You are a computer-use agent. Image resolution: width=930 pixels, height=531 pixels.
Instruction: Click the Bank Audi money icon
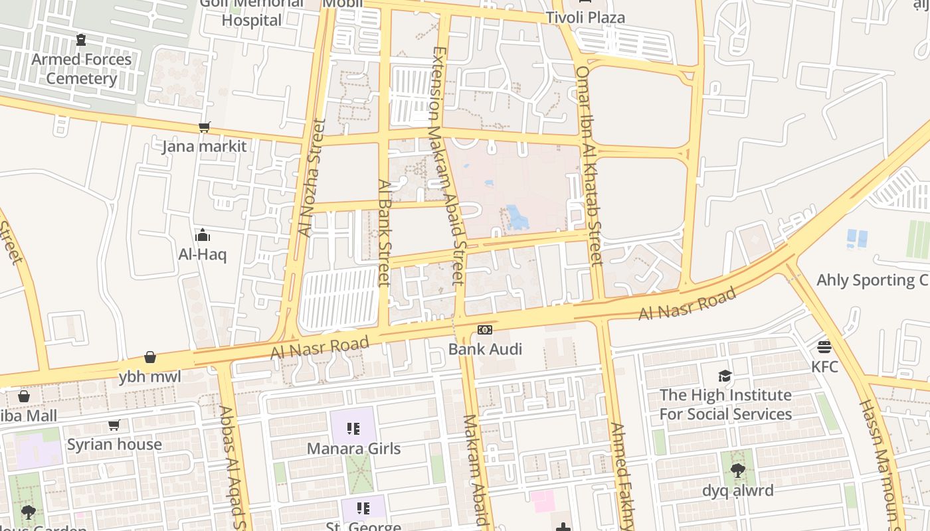tap(485, 330)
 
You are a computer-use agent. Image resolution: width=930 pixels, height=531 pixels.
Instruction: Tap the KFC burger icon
tap(824, 346)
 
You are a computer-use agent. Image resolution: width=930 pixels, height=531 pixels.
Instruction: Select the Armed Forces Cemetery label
tap(82, 69)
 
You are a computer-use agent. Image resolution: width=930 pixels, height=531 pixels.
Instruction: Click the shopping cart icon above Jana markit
tap(205, 127)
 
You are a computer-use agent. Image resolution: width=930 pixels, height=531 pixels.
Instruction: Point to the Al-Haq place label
tap(203, 254)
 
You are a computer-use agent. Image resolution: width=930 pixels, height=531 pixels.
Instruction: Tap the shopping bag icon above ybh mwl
tap(150, 358)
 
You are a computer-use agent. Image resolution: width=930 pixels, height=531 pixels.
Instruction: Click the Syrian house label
tap(114, 444)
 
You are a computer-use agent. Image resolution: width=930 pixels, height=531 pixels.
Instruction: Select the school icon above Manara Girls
tap(353, 429)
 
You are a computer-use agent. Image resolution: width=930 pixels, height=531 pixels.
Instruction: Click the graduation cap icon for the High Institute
tap(725, 376)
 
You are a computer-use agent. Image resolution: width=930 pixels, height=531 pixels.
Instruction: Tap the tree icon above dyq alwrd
tap(737, 471)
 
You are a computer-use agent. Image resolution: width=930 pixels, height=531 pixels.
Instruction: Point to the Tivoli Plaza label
tap(585, 18)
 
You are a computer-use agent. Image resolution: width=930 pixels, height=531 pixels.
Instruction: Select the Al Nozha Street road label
tap(311, 178)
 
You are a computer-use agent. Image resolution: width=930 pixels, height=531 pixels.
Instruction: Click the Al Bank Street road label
tap(383, 232)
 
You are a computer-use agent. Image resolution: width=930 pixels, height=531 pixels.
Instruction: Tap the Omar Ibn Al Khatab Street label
tap(589, 166)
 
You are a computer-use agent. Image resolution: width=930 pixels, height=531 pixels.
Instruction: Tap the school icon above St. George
tap(363, 508)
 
